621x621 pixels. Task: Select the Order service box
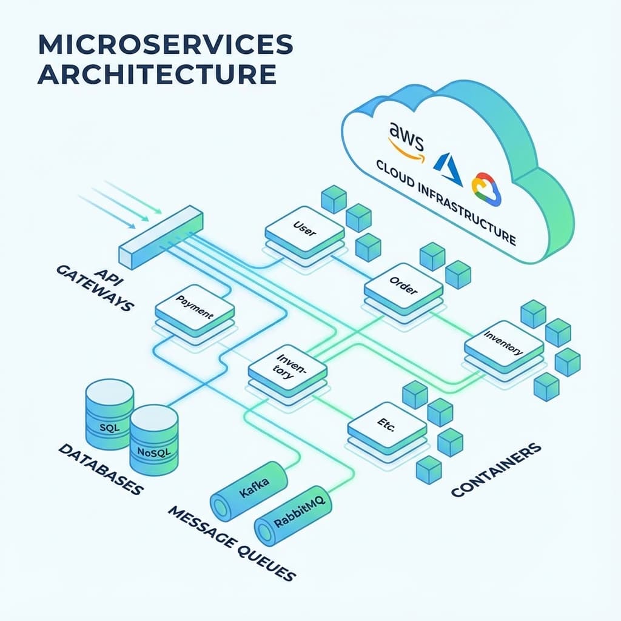[403, 287]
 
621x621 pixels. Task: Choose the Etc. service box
[386, 427]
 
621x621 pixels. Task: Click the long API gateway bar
[161, 237]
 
